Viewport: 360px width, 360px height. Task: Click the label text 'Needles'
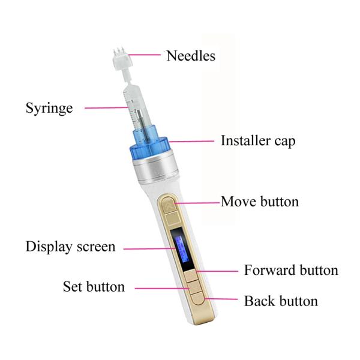190,56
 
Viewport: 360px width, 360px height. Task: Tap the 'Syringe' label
49,109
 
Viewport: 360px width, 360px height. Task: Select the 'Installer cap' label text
258,142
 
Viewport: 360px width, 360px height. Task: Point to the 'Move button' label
260,201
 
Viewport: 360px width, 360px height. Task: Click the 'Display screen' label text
70,247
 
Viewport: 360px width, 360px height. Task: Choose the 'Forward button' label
291,270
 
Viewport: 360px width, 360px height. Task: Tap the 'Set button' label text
94,287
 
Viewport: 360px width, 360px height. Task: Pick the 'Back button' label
281,301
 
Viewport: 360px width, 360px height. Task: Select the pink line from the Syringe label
107,108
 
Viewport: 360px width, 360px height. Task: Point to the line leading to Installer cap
192,142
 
